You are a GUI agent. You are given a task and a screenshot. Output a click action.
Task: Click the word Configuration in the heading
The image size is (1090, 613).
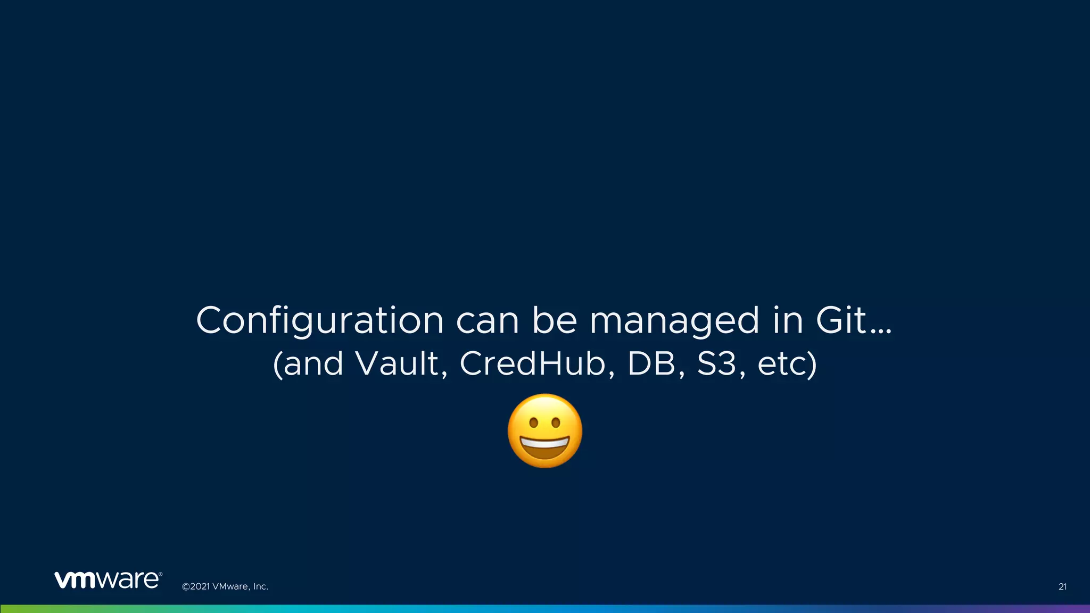click(320, 321)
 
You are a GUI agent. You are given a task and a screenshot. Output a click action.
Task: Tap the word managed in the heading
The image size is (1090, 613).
click(674, 321)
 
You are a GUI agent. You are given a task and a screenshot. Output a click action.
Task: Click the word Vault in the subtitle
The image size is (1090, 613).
click(397, 364)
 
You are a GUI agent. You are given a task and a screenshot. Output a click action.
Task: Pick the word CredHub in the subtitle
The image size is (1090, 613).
click(533, 364)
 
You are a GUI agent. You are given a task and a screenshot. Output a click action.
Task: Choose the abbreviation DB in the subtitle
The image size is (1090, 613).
click(653, 364)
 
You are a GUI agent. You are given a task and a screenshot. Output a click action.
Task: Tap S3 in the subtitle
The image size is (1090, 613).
click(716, 364)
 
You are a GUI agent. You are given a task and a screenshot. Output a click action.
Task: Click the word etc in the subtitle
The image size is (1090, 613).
click(781, 365)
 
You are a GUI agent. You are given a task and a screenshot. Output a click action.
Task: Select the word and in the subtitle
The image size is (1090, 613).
click(313, 365)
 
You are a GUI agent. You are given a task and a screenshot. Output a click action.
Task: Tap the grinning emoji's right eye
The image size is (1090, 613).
click(556, 424)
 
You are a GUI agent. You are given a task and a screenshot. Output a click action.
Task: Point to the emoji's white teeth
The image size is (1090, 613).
click(544, 443)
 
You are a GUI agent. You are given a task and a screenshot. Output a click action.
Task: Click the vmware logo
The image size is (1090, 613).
click(106, 580)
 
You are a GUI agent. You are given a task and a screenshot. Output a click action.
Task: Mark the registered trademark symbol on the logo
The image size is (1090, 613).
click(160, 575)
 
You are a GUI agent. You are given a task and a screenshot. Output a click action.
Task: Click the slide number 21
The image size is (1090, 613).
click(1062, 586)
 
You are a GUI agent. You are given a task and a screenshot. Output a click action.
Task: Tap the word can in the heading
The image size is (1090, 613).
click(488, 321)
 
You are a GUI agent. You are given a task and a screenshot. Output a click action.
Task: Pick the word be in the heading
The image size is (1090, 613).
click(555, 321)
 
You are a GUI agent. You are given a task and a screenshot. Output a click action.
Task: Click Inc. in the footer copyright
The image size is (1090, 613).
click(260, 586)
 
